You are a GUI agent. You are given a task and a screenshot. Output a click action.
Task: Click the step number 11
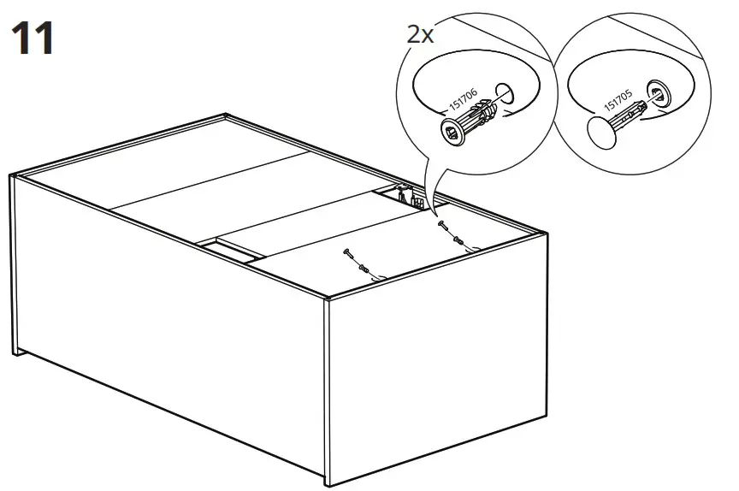(33, 38)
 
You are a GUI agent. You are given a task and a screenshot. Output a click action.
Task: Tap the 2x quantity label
(420, 34)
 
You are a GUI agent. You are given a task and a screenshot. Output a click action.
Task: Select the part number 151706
(463, 99)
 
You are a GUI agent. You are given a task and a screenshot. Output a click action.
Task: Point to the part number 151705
(618, 100)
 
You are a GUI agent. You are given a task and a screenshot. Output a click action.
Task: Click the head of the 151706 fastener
(452, 132)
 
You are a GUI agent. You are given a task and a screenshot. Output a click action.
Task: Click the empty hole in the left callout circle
(504, 93)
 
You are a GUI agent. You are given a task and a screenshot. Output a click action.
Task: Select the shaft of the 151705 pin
(627, 114)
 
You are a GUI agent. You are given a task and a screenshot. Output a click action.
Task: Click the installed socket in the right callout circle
(659, 93)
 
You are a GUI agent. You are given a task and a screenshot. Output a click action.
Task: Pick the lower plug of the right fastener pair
(458, 241)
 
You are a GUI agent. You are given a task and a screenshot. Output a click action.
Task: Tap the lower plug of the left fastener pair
(364, 269)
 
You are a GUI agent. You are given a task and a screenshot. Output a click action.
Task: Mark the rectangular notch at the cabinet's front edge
(231, 250)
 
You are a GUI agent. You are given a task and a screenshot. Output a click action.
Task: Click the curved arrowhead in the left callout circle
(509, 114)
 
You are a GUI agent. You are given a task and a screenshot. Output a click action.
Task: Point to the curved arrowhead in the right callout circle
(661, 111)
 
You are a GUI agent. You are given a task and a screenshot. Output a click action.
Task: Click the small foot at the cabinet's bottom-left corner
(16, 352)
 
